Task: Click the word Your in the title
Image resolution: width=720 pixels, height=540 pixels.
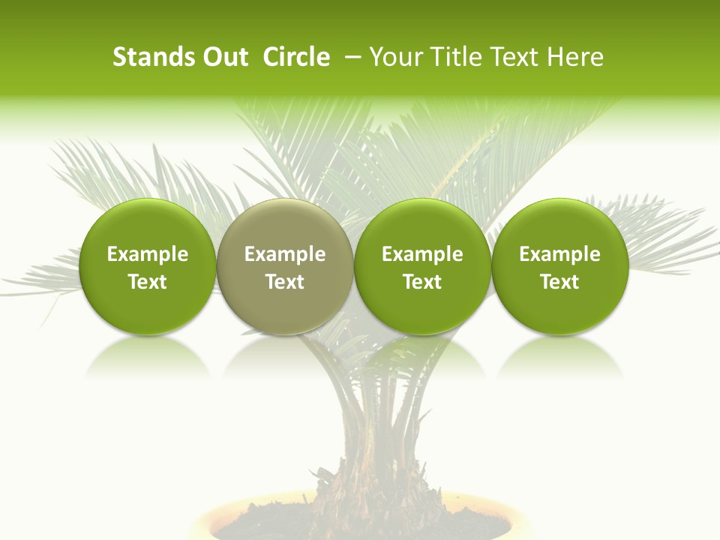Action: [394, 57]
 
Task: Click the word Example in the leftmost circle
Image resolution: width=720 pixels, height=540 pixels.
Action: [147, 254]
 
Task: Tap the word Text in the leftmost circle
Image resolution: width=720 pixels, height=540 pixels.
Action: [147, 282]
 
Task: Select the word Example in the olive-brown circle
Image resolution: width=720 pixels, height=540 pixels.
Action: [285, 254]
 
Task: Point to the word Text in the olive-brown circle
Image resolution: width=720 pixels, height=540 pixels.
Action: [285, 282]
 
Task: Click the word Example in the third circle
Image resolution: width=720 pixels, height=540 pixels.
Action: [422, 254]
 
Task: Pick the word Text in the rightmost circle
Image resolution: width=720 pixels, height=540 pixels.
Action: [560, 282]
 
